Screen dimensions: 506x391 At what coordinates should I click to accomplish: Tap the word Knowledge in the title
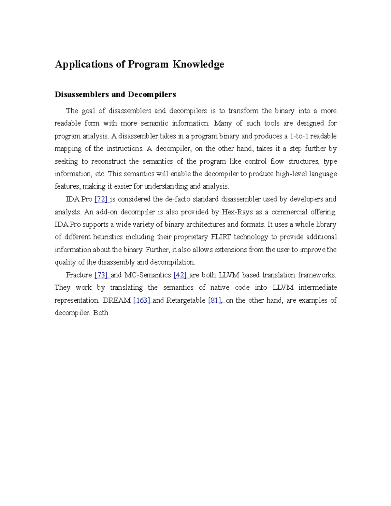[x=198, y=64]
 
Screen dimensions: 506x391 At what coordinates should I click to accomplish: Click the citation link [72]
[x=101, y=199]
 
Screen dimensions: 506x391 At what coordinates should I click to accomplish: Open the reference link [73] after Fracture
[x=101, y=275]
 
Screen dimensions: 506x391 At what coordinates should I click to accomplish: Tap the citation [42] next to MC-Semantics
[x=180, y=275]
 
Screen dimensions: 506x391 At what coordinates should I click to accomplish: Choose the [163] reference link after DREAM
[x=141, y=300]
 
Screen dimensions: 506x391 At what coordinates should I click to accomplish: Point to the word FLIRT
[x=221, y=237]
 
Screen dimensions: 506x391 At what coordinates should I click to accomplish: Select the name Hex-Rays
[x=237, y=212]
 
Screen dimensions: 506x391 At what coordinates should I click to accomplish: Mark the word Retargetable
[x=186, y=300]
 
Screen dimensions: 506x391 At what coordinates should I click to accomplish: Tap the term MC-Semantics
[x=148, y=275]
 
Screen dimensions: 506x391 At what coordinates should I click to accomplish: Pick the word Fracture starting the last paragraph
[x=79, y=275]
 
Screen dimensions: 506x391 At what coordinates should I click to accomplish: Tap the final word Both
[x=101, y=313]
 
